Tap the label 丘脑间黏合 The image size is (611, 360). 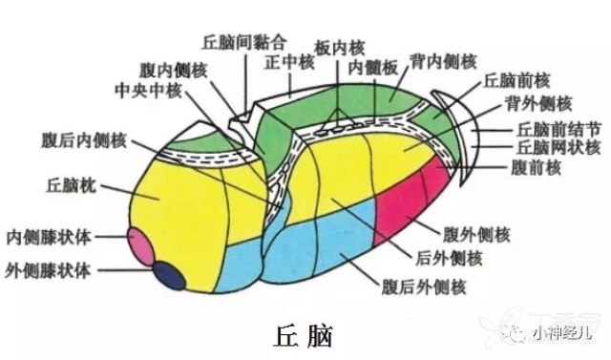click(244, 43)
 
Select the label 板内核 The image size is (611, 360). click(339, 46)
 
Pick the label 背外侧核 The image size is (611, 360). click(537, 103)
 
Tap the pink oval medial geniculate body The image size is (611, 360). click(142, 245)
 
